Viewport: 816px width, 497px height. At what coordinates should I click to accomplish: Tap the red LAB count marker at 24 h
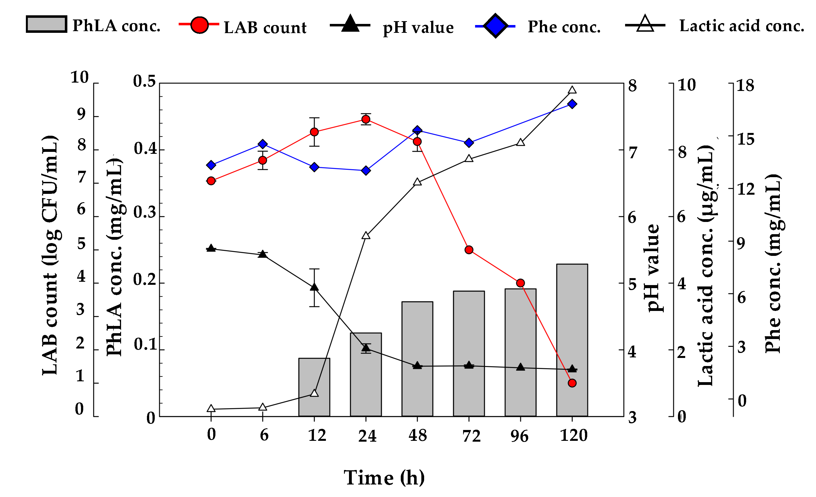coord(366,119)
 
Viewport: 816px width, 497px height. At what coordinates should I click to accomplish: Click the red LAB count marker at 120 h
coord(572,383)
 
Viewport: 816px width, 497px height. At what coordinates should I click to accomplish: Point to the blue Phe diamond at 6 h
coord(263,144)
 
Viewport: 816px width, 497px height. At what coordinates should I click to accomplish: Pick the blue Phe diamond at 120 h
coord(572,104)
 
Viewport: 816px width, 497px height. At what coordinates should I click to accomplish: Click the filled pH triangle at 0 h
coord(211,248)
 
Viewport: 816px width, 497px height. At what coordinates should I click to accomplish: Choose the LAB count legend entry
coord(244,26)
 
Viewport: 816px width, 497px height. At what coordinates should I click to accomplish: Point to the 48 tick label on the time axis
coord(417,436)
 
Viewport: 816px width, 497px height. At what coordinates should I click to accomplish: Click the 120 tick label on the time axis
coord(573,436)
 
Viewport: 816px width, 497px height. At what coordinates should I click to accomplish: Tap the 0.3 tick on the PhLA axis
coord(145,213)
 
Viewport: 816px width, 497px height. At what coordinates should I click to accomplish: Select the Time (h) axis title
coord(384,478)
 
